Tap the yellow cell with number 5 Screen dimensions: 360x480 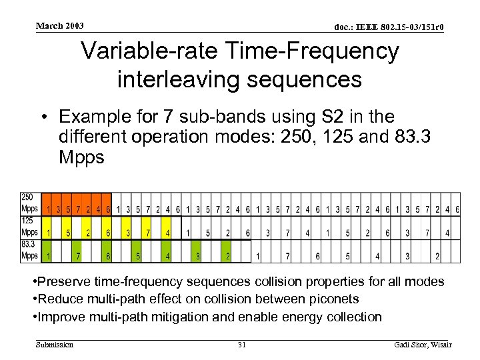67,233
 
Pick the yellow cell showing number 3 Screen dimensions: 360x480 127,233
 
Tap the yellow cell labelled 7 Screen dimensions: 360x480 148,233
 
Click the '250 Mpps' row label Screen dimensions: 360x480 29,203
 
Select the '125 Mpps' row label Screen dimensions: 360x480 29,227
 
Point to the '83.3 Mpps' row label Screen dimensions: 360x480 29,250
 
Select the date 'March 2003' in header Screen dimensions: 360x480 60,26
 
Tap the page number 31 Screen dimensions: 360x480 242,344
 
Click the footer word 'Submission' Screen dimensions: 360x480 55,344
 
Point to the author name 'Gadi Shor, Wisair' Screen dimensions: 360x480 423,344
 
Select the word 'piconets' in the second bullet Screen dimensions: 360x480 336,299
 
